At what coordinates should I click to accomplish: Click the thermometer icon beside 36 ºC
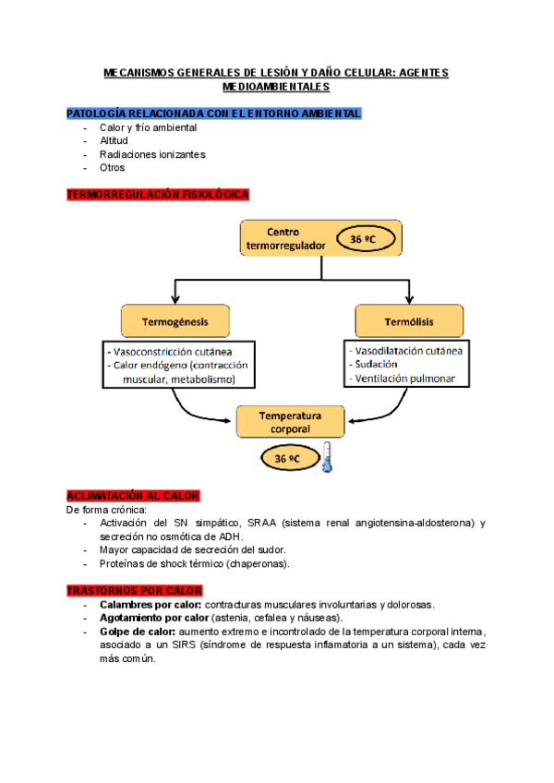point(326,457)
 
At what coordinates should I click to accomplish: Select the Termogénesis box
point(175,322)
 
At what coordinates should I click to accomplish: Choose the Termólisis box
point(408,322)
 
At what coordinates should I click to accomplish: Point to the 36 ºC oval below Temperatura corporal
point(283,457)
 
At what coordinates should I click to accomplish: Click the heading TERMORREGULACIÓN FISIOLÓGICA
point(157,195)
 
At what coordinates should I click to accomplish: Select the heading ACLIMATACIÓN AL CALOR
point(133,496)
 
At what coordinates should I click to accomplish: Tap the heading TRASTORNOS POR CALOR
point(135,591)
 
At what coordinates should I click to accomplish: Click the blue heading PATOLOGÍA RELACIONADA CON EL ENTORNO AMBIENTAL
point(213,114)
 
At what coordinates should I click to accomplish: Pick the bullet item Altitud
point(114,140)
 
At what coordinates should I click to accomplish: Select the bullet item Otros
point(112,168)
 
